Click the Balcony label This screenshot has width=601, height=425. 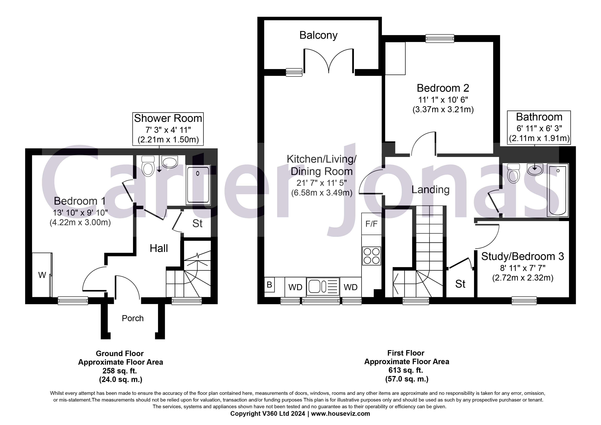[x=318, y=35]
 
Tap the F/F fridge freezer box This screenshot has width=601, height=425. [x=371, y=224]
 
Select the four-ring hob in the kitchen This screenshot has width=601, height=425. [x=371, y=256]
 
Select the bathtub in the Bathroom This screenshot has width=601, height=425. [x=557, y=190]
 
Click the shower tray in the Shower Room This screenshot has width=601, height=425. [x=198, y=185]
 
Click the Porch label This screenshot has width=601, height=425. [x=133, y=318]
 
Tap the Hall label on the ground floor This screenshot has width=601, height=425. [x=159, y=248]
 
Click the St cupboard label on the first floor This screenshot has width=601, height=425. [x=460, y=284]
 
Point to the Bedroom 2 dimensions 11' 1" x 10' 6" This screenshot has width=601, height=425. [x=443, y=100]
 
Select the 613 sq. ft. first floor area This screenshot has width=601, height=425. [x=406, y=370]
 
